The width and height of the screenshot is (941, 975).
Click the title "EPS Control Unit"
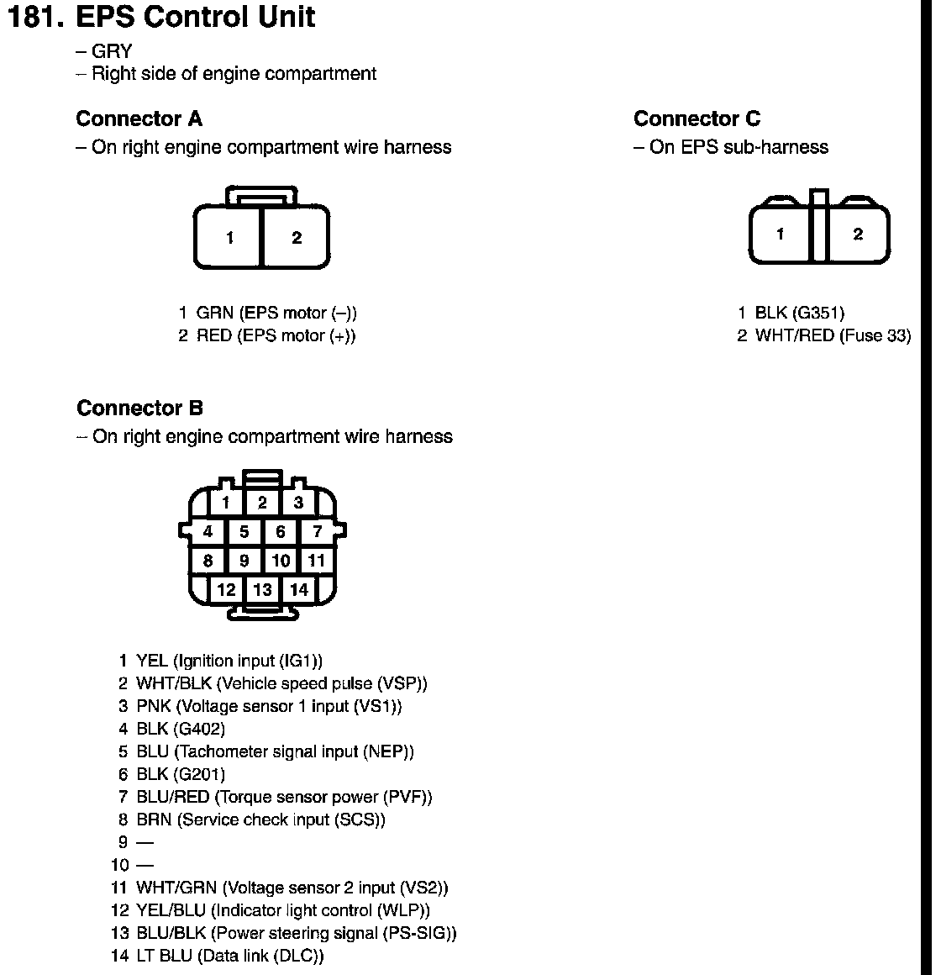coord(195,18)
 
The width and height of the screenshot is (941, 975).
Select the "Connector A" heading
coord(139,119)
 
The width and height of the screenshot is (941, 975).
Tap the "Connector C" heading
coord(697,119)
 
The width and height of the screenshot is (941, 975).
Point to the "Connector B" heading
coord(139,408)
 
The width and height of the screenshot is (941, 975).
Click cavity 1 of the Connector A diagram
coord(229,239)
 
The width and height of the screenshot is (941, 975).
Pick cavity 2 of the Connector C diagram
coord(857,235)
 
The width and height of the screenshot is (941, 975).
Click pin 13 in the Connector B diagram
coord(262,589)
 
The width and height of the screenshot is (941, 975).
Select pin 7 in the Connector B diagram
coord(317,531)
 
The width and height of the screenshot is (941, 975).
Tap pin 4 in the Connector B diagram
coord(208,531)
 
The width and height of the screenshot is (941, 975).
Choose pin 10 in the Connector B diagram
coord(281,561)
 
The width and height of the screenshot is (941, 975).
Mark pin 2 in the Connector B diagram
coord(262,503)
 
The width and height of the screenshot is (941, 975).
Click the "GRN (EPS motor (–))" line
coord(276,314)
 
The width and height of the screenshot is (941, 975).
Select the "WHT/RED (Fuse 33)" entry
coord(832,336)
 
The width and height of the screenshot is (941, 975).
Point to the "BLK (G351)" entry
coord(798,314)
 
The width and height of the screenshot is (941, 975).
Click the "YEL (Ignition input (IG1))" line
coord(229,661)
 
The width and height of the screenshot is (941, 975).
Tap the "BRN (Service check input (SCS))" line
coord(260,820)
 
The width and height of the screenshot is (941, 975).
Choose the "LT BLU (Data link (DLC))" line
coord(229,956)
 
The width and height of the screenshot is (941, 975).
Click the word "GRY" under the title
coord(111,52)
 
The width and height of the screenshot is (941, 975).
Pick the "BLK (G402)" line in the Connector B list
coord(181,729)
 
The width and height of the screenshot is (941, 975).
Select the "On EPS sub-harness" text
coord(739,148)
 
